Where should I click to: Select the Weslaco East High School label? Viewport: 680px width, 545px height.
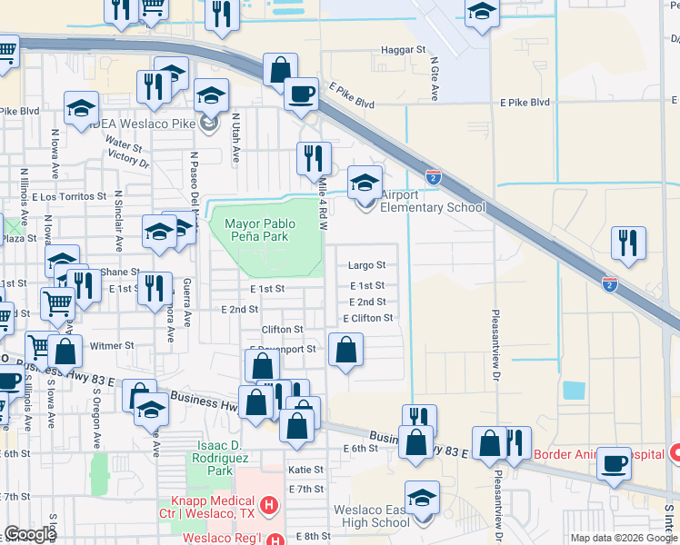[x=371, y=516]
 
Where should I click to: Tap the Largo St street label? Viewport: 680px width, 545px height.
[x=367, y=266]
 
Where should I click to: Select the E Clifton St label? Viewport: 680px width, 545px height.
[x=368, y=318]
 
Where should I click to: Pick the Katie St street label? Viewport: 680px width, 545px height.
[x=305, y=470]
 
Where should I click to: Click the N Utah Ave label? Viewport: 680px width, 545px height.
[x=235, y=138]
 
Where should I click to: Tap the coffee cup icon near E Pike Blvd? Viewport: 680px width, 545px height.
[x=300, y=93]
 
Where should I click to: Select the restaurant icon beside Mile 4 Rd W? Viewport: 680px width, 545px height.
[x=314, y=159]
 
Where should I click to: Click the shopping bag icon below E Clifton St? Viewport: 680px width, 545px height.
[x=345, y=351]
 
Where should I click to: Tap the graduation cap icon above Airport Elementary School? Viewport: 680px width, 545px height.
[x=365, y=182]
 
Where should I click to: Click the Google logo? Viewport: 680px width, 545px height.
[x=30, y=535]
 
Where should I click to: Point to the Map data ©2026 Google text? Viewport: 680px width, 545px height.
[x=623, y=538]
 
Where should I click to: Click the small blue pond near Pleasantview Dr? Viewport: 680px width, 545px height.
[x=574, y=391]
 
